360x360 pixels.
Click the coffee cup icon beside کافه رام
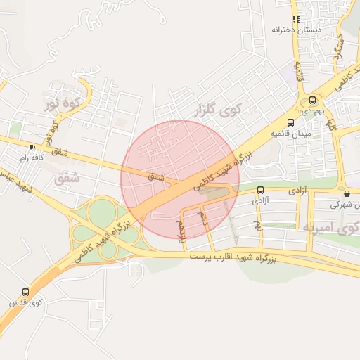[x=32, y=147]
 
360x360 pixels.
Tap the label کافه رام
[x=32, y=158]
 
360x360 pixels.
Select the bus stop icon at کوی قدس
[x=26, y=292]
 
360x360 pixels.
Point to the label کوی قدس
[x=26, y=302]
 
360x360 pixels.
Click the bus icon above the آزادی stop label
[x=261, y=190]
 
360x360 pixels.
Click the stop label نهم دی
[x=313, y=111]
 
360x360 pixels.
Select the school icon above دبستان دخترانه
[x=296, y=19]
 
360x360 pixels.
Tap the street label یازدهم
[x=183, y=229]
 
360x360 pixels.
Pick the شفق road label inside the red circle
[x=156, y=176]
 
